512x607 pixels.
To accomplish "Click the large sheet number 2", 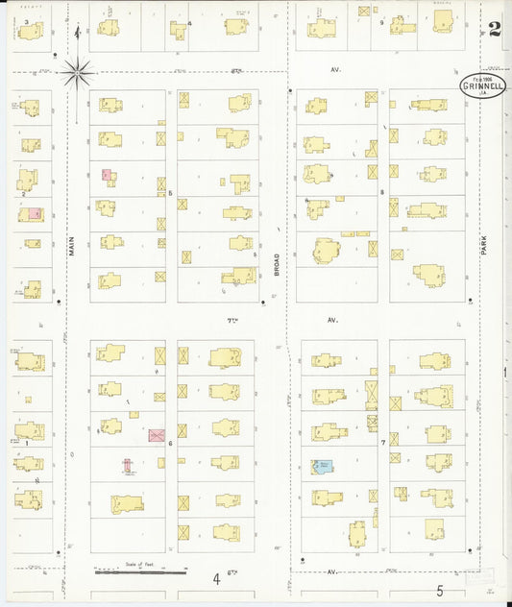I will pyautogui.click(x=494, y=29).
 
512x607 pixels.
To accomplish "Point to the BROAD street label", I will pyautogui.click(x=277, y=265).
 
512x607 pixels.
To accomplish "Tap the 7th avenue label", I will pyautogui.click(x=232, y=319).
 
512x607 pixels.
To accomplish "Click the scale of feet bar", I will pyautogui.click(x=140, y=572).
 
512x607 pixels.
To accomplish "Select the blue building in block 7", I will pyautogui.click(x=322, y=467).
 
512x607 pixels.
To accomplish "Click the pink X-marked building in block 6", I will pyautogui.click(x=157, y=435).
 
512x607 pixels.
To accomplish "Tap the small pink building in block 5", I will pyautogui.click(x=108, y=176).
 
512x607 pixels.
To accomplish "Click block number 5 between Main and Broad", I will pyautogui.click(x=170, y=193).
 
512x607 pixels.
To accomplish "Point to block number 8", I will pyautogui.click(x=381, y=192).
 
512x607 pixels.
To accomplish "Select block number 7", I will pyautogui.click(x=382, y=443).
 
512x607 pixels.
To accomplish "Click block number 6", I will pyautogui.click(x=170, y=443).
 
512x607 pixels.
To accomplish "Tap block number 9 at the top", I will pyautogui.click(x=381, y=21).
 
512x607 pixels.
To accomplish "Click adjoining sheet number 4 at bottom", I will pyautogui.click(x=216, y=578).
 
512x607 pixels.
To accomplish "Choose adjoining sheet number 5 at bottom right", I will pyautogui.click(x=439, y=591).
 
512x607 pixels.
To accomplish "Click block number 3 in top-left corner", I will pyautogui.click(x=26, y=21).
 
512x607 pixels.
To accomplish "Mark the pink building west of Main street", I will pyautogui.click(x=35, y=214).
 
